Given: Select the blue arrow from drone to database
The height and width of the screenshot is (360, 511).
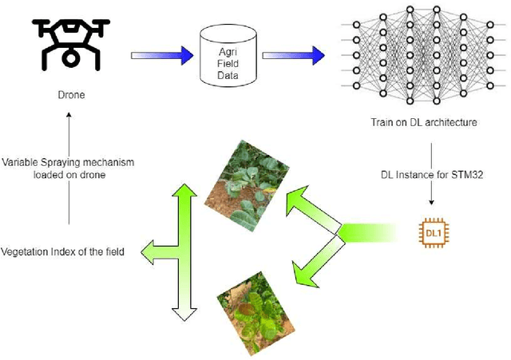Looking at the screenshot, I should [161, 55].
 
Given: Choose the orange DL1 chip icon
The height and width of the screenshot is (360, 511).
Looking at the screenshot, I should [431, 232].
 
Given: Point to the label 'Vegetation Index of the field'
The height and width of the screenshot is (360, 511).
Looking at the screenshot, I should [67, 252].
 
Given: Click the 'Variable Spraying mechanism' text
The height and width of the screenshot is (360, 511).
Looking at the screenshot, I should [68, 162].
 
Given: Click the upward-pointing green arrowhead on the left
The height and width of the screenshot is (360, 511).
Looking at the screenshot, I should [184, 194].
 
